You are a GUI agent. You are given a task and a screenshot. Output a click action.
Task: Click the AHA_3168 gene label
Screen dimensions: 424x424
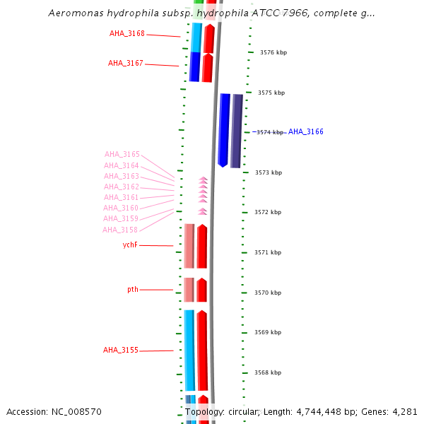(x=126, y=33)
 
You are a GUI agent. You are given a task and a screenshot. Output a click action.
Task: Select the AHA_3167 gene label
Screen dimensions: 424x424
(x=126, y=63)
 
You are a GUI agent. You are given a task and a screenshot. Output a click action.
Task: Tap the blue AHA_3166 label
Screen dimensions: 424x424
(x=305, y=131)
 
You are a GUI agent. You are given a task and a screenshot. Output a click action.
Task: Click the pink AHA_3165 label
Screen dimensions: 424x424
(x=122, y=154)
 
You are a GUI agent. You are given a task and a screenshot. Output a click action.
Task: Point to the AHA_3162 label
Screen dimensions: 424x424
(x=122, y=187)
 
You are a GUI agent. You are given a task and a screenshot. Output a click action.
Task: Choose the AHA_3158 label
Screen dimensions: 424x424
(x=120, y=230)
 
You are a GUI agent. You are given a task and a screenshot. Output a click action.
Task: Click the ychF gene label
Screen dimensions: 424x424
(x=130, y=245)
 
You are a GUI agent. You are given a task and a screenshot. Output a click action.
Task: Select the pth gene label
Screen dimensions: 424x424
(x=133, y=289)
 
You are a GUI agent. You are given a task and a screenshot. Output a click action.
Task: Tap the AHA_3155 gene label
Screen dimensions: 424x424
(x=121, y=350)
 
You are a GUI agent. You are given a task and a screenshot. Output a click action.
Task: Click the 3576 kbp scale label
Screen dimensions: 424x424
(x=272, y=52)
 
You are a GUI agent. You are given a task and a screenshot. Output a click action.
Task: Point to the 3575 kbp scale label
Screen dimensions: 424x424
(x=271, y=93)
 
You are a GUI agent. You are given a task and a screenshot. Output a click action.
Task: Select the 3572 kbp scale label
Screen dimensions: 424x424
(x=269, y=212)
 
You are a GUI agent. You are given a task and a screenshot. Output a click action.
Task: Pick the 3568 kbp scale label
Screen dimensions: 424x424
(x=268, y=372)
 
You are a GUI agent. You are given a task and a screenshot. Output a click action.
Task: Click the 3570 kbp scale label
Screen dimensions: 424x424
(x=269, y=293)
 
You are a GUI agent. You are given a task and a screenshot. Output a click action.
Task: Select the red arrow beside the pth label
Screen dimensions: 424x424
(x=201, y=290)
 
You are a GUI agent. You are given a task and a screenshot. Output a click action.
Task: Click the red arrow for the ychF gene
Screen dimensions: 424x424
(x=202, y=246)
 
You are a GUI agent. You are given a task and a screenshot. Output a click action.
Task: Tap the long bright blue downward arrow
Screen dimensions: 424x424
(x=224, y=130)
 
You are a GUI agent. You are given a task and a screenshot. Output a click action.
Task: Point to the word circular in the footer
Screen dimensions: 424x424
(x=242, y=411)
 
